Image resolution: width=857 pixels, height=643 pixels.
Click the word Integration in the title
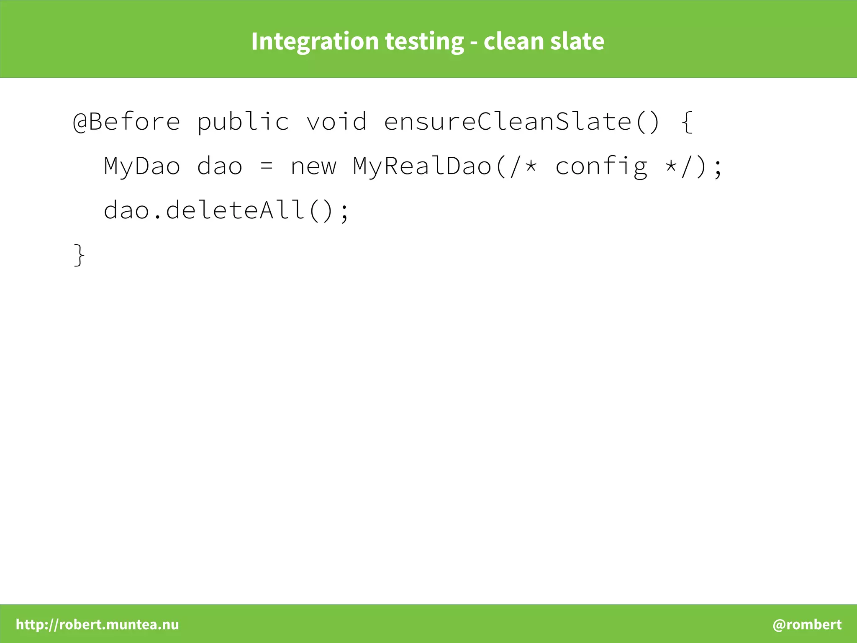coord(315,41)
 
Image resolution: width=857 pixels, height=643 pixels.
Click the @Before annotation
coord(126,122)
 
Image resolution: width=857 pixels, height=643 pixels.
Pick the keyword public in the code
coord(243,122)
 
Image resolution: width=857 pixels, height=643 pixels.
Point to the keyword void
coord(336,122)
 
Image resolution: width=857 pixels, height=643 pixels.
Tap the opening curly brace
coord(687,122)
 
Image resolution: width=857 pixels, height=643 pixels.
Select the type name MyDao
coord(142,166)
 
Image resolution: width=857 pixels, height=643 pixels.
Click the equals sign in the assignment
coord(267,166)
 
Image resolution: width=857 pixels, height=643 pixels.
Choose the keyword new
coord(313,166)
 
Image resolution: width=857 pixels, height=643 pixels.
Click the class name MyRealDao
coord(422,166)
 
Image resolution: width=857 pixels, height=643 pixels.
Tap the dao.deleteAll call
coord(218,210)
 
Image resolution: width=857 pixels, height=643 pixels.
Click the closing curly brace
coord(79,255)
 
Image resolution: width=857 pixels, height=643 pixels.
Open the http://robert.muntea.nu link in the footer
coord(97,624)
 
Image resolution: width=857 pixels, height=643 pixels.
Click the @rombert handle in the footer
coord(807,624)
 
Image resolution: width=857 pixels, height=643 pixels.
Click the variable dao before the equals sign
coord(219,166)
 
